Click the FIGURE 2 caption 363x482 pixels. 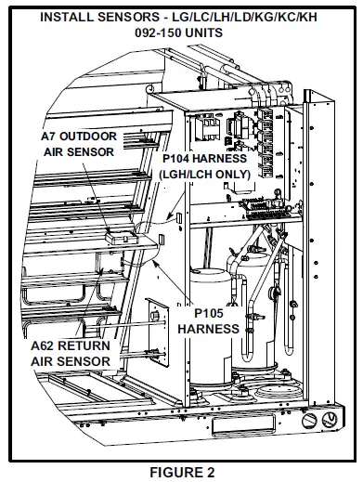pyautogui.click(x=182, y=473)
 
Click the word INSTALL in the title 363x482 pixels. pyautogui.click(x=66, y=17)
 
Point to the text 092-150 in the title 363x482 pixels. pyautogui.click(x=156, y=33)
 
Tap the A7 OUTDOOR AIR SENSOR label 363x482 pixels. pyautogui.click(x=79, y=144)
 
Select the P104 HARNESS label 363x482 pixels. pyautogui.click(x=205, y=159)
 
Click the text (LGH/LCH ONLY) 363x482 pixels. pyautogui.click(x=205, y=175)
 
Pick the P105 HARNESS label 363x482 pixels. pyautogui.click(x=209, y=320)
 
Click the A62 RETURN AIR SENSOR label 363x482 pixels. pyautogui.click(x=71, y=353)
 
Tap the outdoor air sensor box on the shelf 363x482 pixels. pyautogui.click(x=122, y=238)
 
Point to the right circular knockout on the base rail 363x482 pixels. pyautogui.click(x=330, y=420)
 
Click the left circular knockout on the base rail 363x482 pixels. pyautogui.click(x=309, y=421)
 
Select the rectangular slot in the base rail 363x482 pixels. pyautogui.click(x=243, y=423)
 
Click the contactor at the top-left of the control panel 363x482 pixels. pyautogui.click(x=205, y=127)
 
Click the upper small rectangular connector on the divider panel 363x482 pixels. pyautogui.click(x=179, y=217)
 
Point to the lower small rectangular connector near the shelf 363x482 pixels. pyautogui.click(x=162, y=240)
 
